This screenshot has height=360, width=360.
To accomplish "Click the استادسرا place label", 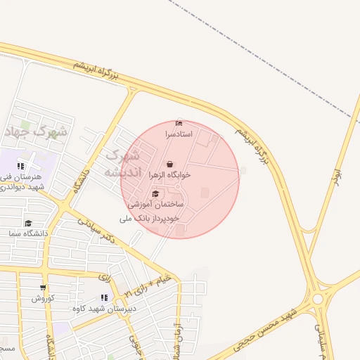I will click(177, 133).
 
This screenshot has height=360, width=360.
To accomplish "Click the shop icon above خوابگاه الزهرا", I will click(169, 165).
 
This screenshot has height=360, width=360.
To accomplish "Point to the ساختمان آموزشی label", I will click(155, 204).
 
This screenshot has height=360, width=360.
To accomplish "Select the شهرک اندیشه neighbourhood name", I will click(122, 163).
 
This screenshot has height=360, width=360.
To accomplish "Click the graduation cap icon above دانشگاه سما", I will click(28, 223).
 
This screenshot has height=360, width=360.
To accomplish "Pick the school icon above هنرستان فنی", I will click(20, 166).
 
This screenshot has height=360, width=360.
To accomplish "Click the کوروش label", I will click(42, 297).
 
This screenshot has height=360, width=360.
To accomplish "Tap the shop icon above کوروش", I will click(43, 288).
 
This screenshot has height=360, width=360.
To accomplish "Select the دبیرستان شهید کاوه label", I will click(104, 308).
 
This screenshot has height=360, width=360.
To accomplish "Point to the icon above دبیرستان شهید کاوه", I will click(104, 298).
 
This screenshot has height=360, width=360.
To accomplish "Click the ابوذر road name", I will click(337, 176).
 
